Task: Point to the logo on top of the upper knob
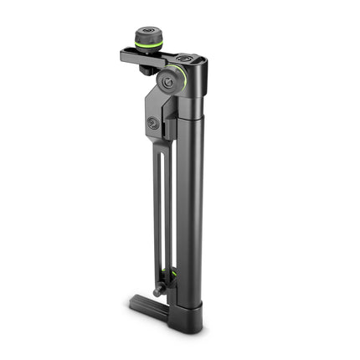pyautogui.click(x=149, y=33)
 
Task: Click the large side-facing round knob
pyautogui.click(x=175, y=80)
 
